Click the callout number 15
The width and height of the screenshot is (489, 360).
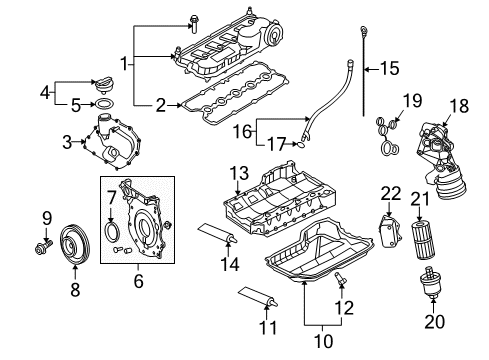[389, 68]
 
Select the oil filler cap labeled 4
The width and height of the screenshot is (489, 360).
[103, 85]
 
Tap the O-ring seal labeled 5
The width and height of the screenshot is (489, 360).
[104, 104]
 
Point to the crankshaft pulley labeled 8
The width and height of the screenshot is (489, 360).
[75, 245]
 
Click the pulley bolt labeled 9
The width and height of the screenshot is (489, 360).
[43, 247]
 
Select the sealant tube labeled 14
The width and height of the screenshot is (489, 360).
[217, 233]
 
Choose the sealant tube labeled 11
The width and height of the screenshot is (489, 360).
[258, 297]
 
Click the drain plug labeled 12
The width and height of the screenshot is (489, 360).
[340, 278]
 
